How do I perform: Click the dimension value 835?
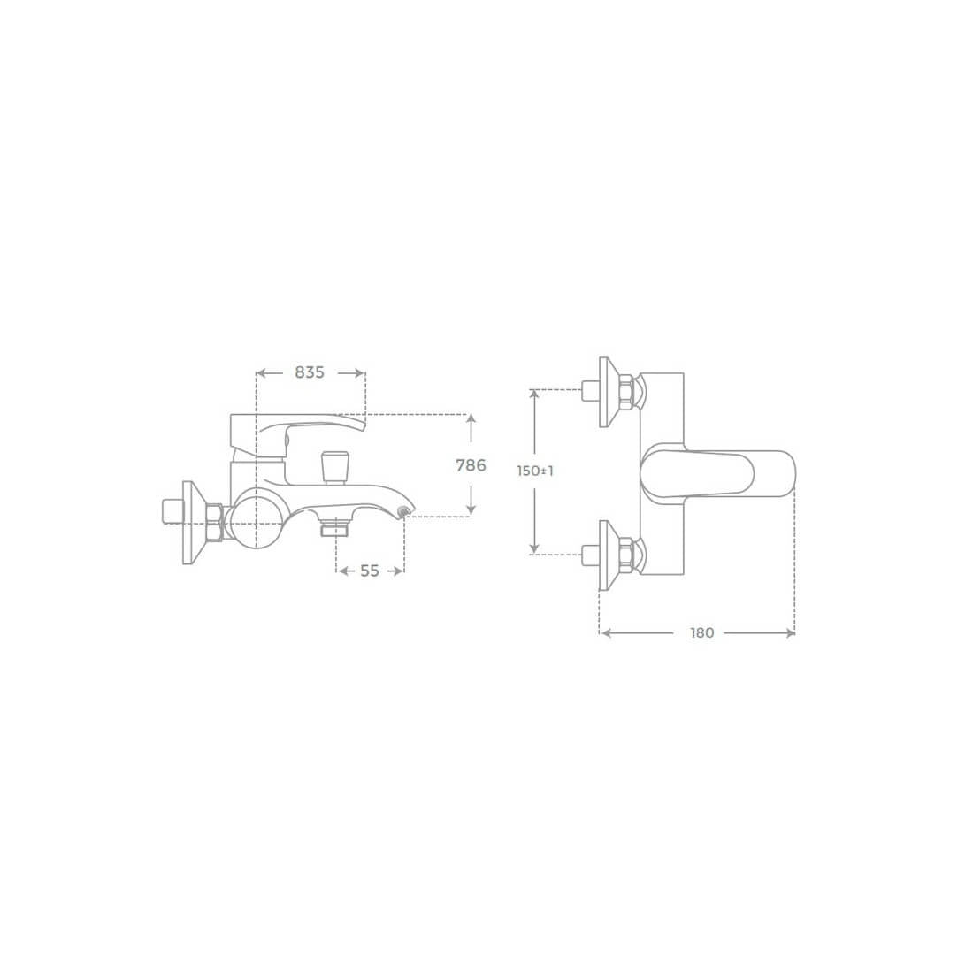[310, 372]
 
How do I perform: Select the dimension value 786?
[471, 464]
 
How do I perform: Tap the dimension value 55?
[370, 571]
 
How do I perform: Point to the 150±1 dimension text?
[535, 471]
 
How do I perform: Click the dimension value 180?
[701, 633]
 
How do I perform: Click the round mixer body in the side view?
[256, 518]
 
